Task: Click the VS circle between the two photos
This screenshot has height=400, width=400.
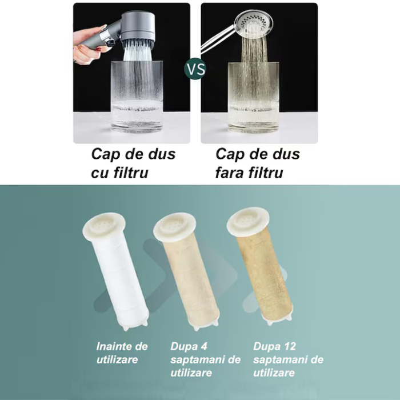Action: pos(195,70)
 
